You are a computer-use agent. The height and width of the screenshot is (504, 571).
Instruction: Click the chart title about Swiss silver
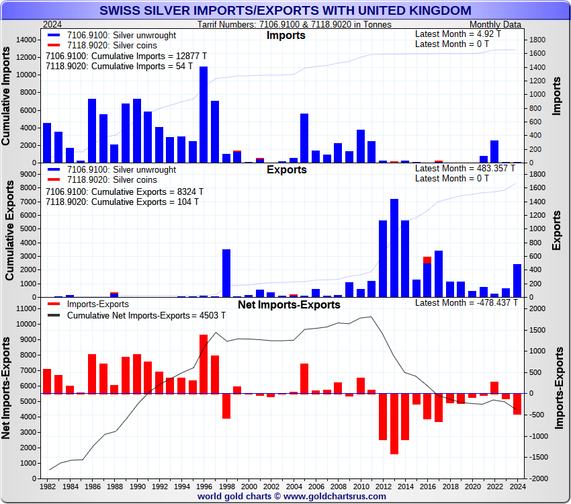[x=285, y=11]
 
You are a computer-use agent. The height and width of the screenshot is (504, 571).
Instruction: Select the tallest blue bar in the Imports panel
[x=204, y=114]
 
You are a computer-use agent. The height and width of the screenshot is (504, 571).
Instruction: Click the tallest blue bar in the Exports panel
[x=394, y=248]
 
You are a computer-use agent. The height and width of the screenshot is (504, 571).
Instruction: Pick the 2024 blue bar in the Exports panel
[x=517, y=280]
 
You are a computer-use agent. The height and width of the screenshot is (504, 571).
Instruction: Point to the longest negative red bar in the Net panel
[x=394, y=423]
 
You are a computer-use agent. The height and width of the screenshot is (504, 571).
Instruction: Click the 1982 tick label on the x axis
[x=48, y=486]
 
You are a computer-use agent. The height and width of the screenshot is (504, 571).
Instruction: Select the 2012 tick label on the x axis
[x=383, y=486]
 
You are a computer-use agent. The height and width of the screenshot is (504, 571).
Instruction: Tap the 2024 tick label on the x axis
[x=517, y=486]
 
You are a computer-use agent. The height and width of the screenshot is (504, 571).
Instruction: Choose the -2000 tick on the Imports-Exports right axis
[x=539, y=478]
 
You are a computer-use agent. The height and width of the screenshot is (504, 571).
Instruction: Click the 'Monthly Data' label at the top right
[x=497, y=24]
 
